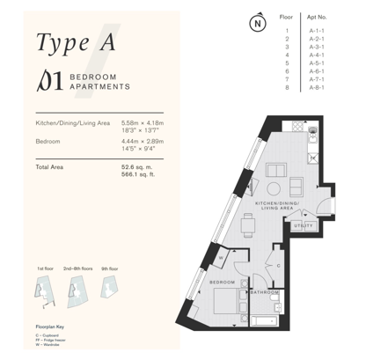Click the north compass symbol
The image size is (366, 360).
click(256, 24)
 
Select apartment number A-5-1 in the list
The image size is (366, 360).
click(317, 62)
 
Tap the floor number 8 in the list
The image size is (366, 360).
click(287, 88)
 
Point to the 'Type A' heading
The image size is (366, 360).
click(77, 41)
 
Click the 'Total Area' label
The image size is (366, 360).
click(52, 165)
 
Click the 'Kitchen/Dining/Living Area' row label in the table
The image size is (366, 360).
click(73, 121)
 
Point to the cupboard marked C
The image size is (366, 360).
click(278, 265)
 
